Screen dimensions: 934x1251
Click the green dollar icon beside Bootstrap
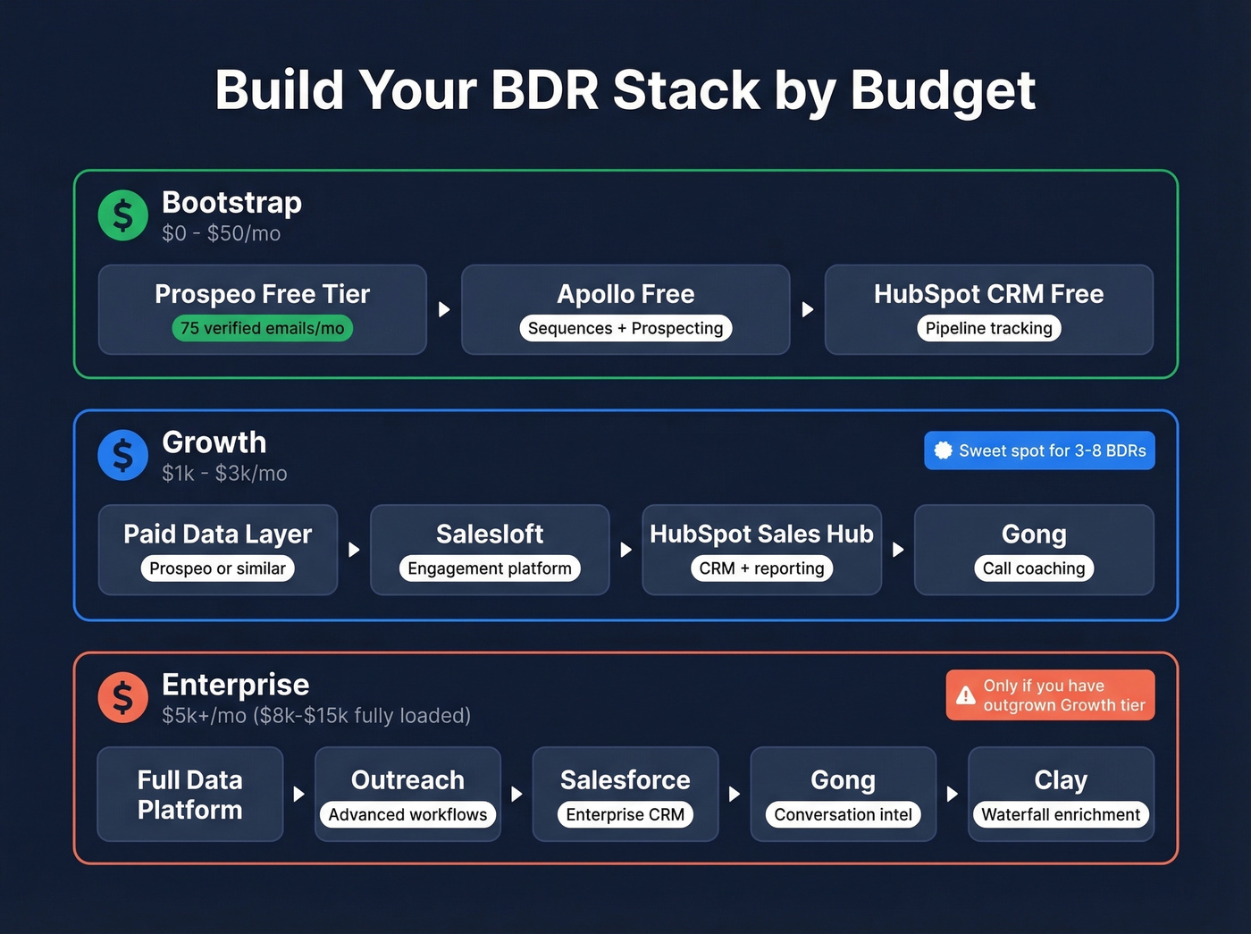pos(123,215)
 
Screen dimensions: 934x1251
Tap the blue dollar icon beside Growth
pos(123,455)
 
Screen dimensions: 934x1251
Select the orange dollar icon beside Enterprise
pos(123,697)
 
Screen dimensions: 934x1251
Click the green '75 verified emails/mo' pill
pos(263,328)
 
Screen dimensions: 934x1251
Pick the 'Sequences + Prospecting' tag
pos(625,328)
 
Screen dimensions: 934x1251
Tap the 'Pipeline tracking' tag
pos(988,328)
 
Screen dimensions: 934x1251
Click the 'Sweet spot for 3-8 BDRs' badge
pos(1039,450)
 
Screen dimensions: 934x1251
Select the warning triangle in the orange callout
pos(966,695)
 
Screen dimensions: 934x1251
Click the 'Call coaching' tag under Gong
pos(1034,568)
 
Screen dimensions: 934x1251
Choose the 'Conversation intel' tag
pos(843,814)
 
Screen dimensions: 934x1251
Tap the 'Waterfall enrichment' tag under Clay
pos(1061,814)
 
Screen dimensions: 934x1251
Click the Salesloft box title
pos(490,534)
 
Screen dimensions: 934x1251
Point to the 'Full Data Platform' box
pos(190,795)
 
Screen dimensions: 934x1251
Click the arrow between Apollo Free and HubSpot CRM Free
pos(808,309)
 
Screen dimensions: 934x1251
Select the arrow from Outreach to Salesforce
pos(516,794)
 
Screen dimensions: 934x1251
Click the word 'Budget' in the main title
pos(943,91)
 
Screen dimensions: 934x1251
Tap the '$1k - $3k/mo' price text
pos(224,474)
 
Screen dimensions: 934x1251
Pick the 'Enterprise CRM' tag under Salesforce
pos(625,814)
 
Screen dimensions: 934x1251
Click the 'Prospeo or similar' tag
pos(218,568)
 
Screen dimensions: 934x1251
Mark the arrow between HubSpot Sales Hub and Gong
pos(898,550)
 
